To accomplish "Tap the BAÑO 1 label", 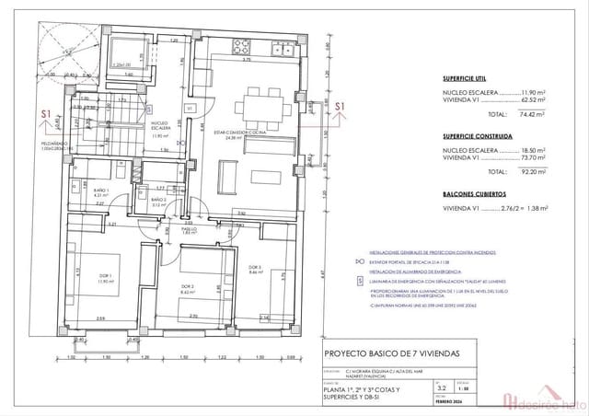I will pyautogui.click(x=101, y=192).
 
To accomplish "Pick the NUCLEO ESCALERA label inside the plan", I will pyautogui.click(x=158, y=124).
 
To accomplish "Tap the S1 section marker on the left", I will pyautogui.click(x=46, y=114).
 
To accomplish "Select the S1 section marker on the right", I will pyautogui.click(x=340, y=108).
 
